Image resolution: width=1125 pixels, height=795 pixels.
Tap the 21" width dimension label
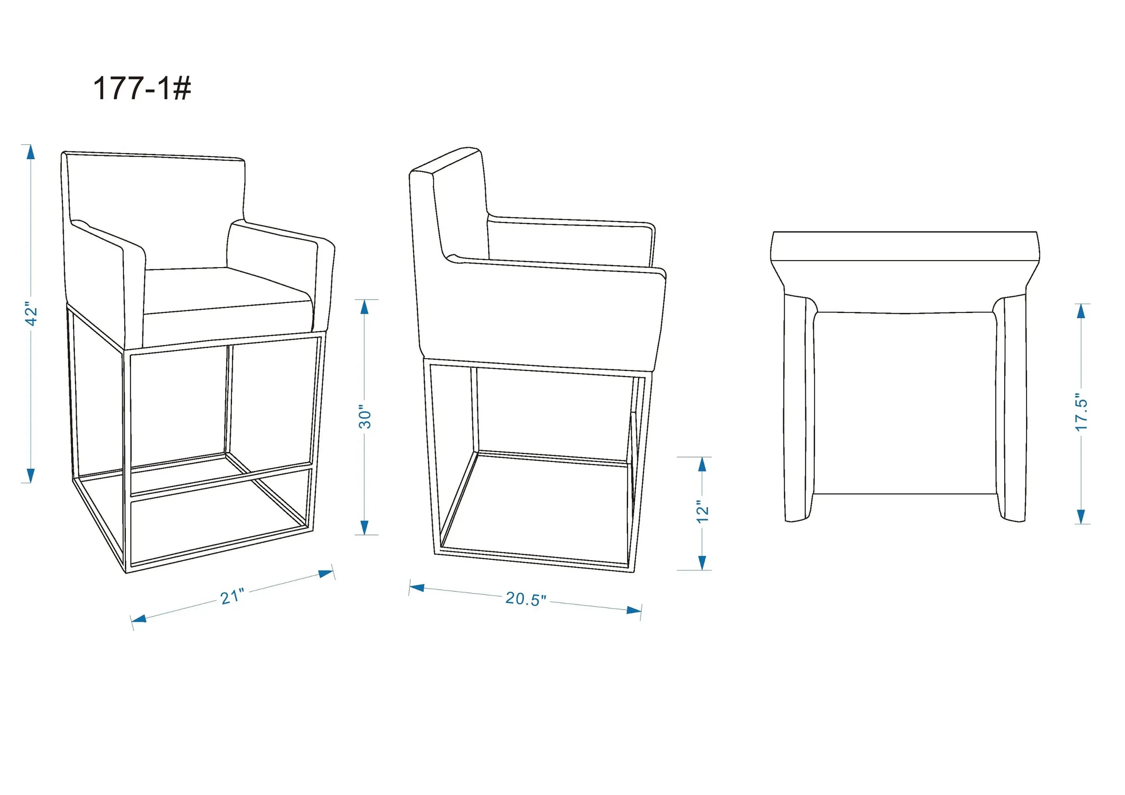[x=232, y=597]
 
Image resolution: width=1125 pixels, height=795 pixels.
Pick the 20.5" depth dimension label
[x=525, y=599]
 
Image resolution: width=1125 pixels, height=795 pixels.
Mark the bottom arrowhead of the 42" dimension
[x=31, y=475]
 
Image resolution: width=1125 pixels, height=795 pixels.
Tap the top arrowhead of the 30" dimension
[x=364, y=307]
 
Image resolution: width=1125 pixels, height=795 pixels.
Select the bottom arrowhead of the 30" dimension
[x=364, y=528]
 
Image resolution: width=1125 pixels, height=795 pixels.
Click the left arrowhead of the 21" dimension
[x=139, y=619]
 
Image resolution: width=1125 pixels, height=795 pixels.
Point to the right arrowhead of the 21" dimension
[x=326, y=573]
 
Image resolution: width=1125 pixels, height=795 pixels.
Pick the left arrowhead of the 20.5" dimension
[x=417, y=587]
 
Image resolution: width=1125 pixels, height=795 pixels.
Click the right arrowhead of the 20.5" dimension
[x=634, y=610]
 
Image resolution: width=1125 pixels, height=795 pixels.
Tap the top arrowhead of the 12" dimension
[x=702, y=464]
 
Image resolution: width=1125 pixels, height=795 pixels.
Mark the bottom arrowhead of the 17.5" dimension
[x=1081, y=517]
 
